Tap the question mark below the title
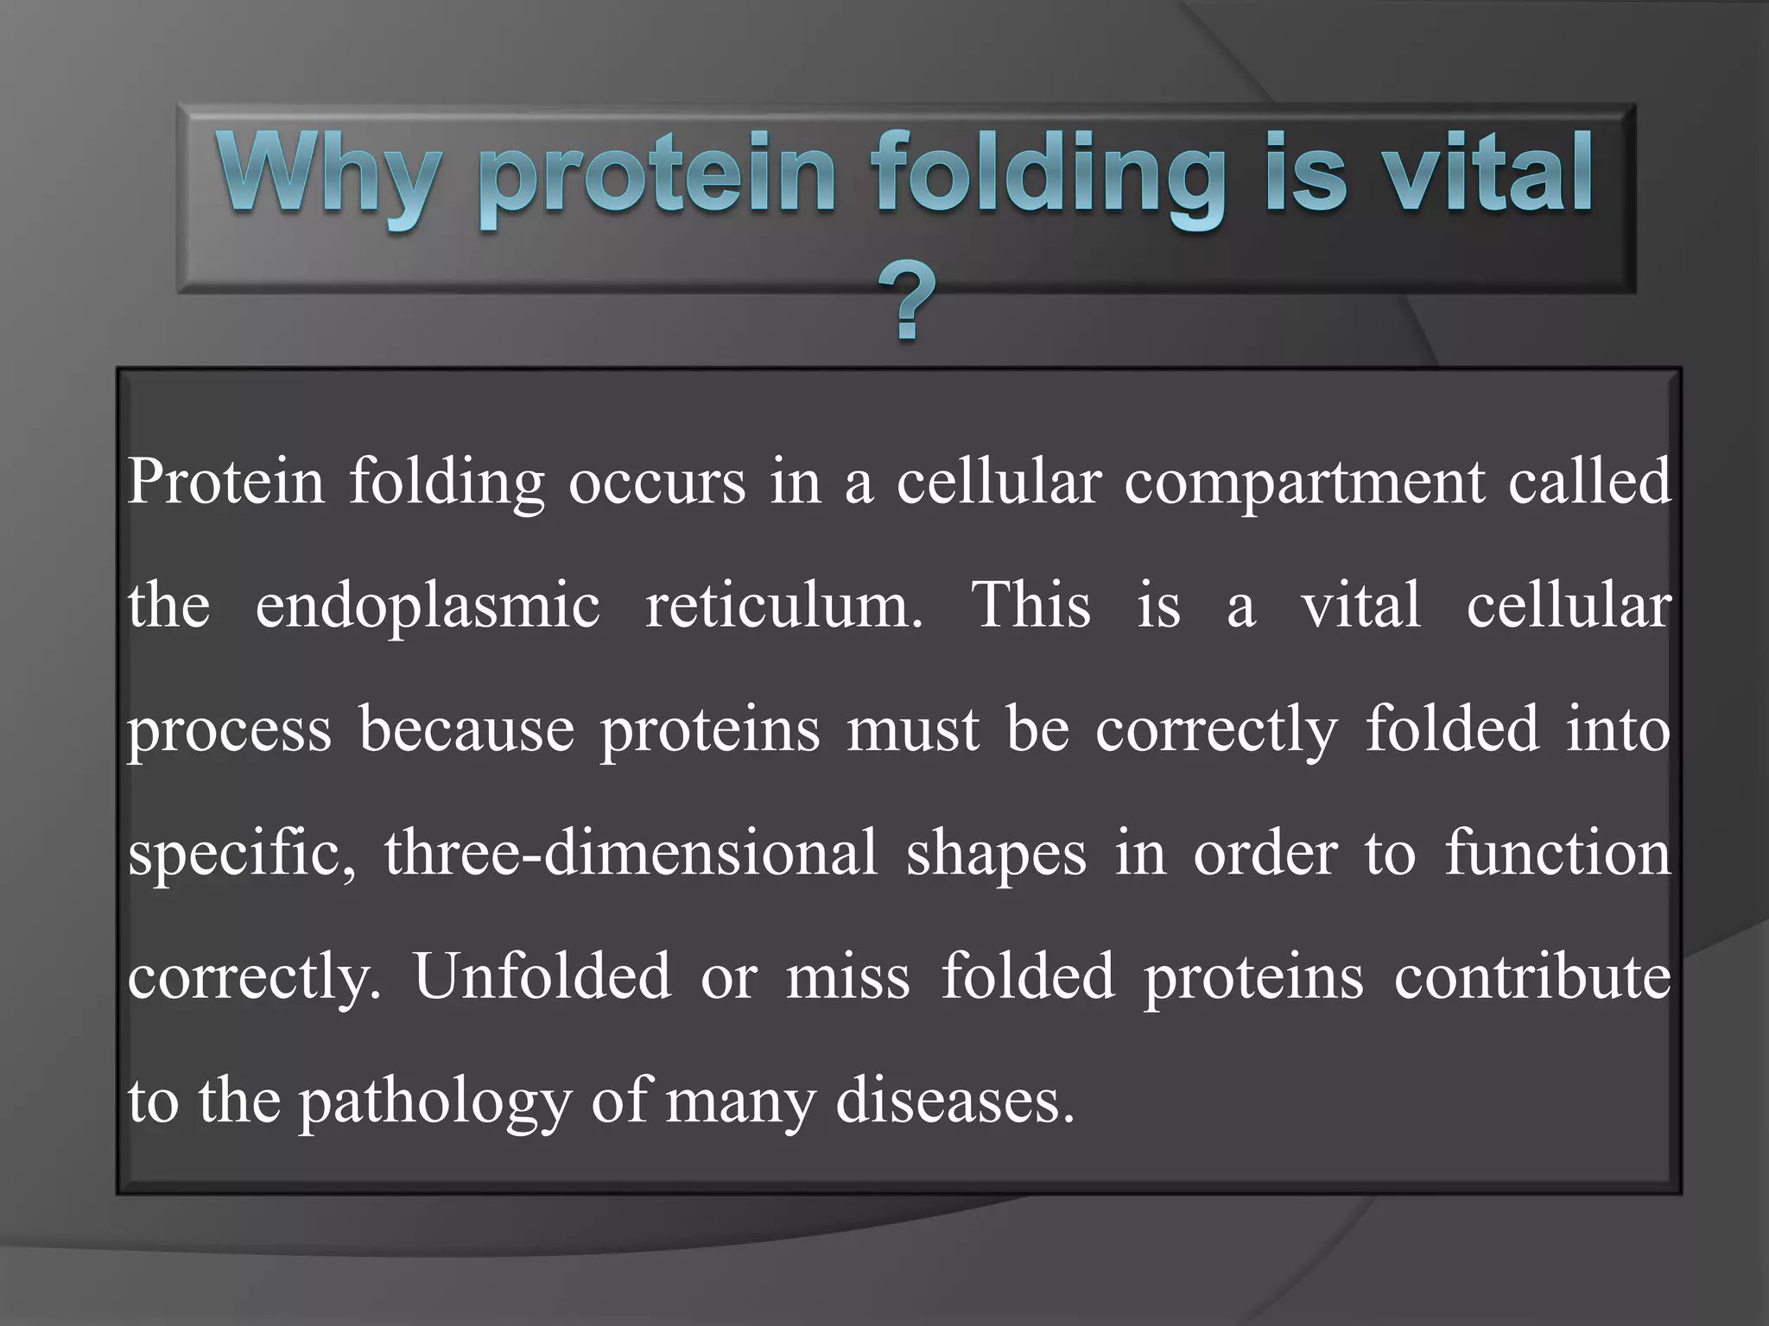(906, 303)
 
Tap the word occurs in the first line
(656, 482)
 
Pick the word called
(1589, 480)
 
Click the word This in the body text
(1031, 604)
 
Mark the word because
(466, 729)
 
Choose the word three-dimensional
(631, 854)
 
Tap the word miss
(847, 978)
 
